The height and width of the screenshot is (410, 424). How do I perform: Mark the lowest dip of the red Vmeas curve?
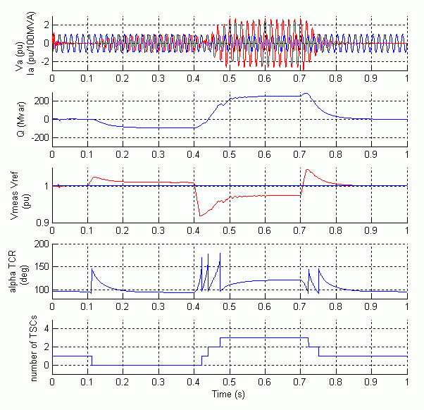tap(200, 216)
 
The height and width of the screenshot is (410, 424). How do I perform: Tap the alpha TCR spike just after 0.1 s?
tap(92, 269)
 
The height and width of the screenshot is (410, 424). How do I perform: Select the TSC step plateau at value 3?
tap(264, 338)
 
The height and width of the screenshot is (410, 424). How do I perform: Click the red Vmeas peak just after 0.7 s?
tap(307, 169)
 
